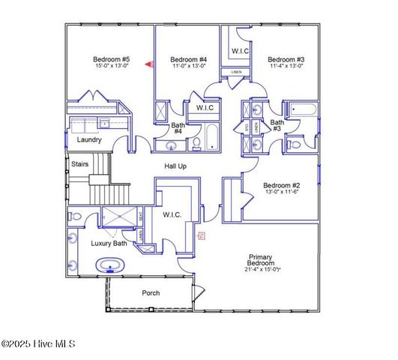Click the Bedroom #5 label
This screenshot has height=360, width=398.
pyautogui.click(x=111, y=59)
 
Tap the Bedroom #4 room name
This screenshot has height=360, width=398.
pyautogui.click(x=188, y=59)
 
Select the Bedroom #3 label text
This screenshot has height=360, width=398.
pyautogui.click(x=286, y=59)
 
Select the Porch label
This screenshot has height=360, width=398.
pyautogui.click(x=151, y=292)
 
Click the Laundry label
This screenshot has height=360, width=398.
pyautogui.click(x=89, y=139)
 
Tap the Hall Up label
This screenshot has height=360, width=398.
pyautogui.click(x=175, y=166)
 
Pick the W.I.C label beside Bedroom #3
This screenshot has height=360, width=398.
pyautogui.click(x=240, y=51)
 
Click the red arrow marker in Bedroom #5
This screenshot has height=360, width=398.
pyautogui.click(x=148, y=65)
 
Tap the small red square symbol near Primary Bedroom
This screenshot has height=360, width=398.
pyautogui.click(x=201, y=235)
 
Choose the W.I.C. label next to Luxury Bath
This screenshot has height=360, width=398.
pyautogui.click(x=172, y=215)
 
